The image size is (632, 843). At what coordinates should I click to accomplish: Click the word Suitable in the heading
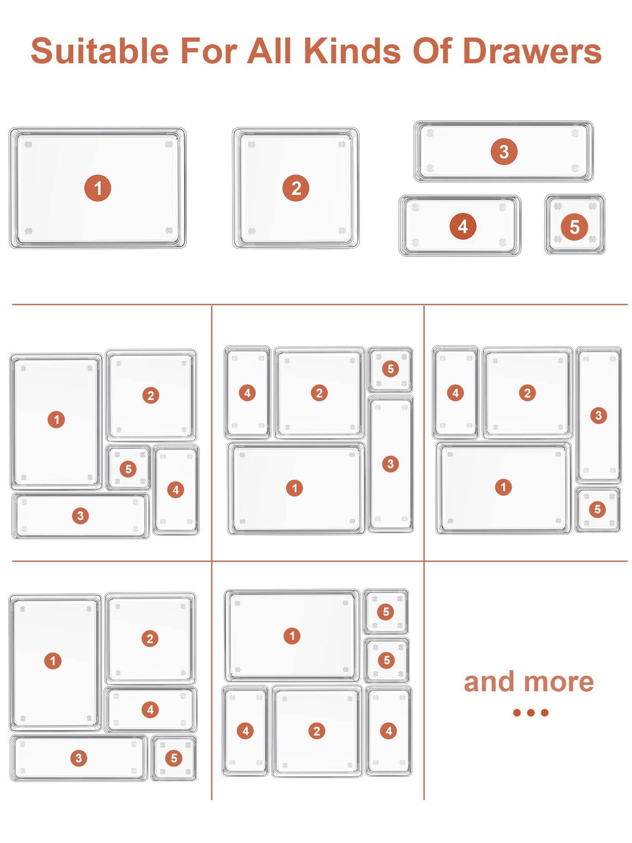click(x=100, y=51)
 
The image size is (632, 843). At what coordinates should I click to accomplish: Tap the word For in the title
click(x=209, y=51)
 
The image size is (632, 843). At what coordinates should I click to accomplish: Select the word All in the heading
click(x=269, y=51)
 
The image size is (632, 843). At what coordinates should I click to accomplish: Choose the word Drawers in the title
click(x=532, y=51)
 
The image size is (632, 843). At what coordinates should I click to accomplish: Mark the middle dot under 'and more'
click(x=531, y=713)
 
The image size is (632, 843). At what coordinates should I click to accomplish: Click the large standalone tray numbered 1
click(x=98, y=188)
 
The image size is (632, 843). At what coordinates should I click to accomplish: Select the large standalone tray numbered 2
click(x=296, y=188)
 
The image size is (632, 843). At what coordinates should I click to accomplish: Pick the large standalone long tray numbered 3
click(x=504, y=151)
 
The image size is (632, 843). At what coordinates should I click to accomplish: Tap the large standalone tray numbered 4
click(x=460, y=226)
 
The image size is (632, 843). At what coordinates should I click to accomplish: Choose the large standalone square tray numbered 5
click(x=575, y=225)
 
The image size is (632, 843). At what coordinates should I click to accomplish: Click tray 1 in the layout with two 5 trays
click(x=292, y=636)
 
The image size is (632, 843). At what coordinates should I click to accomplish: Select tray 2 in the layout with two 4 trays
click(x=317, y=731)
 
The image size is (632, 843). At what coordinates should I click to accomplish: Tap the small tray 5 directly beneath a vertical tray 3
click(x=597, y=509)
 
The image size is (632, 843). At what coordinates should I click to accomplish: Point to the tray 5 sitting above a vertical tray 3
click(x=390, y=369)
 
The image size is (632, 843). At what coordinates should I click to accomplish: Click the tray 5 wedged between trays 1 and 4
click(x=128, y=468)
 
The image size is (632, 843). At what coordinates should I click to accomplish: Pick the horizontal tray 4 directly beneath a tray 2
click(x=150, y=710)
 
